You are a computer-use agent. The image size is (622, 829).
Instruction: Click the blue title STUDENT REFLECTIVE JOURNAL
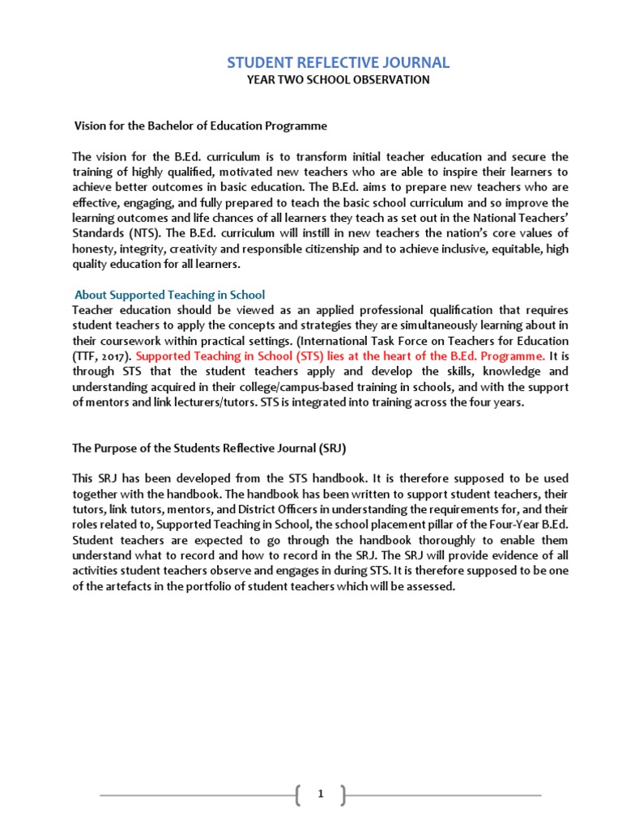tap(337, 62)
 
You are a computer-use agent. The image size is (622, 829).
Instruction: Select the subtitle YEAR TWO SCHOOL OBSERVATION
tap(337, 80)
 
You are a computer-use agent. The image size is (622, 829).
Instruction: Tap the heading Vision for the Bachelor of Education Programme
tap(201, 126)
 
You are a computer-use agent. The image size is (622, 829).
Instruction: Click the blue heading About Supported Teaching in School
tap(170, 295)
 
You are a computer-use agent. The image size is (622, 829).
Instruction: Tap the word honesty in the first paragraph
tap(93, 250)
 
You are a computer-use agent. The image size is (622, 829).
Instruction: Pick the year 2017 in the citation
tap(113, 356)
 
